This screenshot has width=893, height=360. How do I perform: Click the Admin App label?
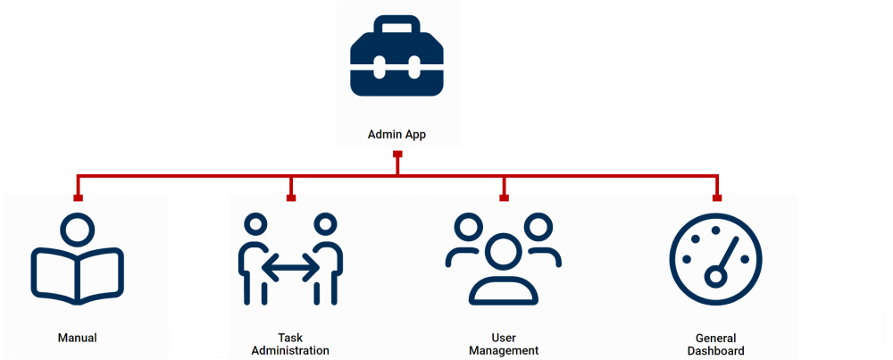(397, 135)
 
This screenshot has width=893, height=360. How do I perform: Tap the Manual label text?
(77, 339)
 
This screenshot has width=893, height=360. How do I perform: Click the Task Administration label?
(290, 345)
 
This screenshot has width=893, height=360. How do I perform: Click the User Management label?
(504, 345)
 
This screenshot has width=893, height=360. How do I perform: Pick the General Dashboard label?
(716, 345)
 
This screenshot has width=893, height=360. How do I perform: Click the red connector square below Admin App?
(397, 155)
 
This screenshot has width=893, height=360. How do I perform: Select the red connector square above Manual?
(78, 197)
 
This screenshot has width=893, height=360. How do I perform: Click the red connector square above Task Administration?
(291, 197)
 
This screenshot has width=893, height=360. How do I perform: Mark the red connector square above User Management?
(504, 197)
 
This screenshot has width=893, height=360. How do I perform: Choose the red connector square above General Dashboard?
(716, 197)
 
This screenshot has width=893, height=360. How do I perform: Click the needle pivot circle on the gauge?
(714, 277)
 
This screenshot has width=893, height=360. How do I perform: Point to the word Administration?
(290, 351)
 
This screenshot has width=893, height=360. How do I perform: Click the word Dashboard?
(716, 351)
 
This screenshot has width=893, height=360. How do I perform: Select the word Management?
(504, 351)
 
